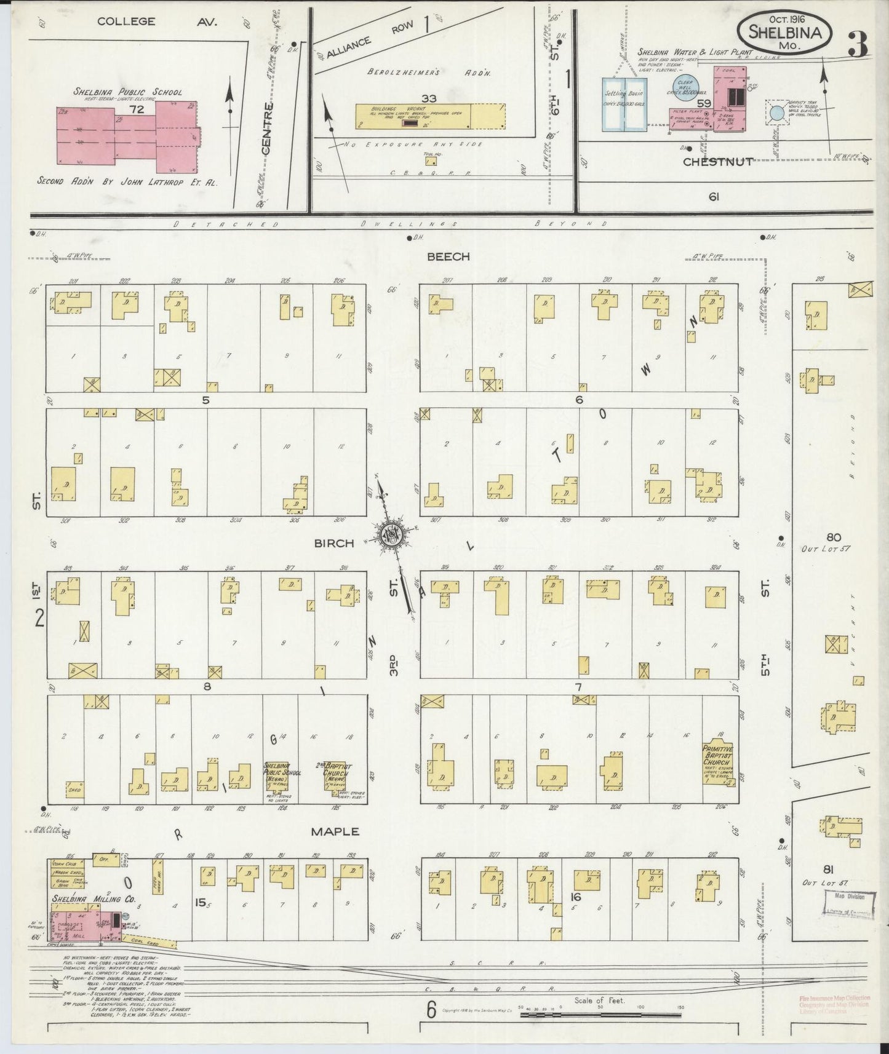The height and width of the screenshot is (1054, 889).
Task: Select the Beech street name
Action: click(x=448, y=256)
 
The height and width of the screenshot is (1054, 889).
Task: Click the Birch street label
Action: click(x=334, y=543)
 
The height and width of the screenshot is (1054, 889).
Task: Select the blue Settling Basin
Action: click(x=624, y=105)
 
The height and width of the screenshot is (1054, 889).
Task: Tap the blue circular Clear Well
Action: click(x=687, y=85)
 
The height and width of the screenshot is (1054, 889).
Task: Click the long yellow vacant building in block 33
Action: click(x=431, y=116)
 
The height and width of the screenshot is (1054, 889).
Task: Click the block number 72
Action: click(x=137, y=109)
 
